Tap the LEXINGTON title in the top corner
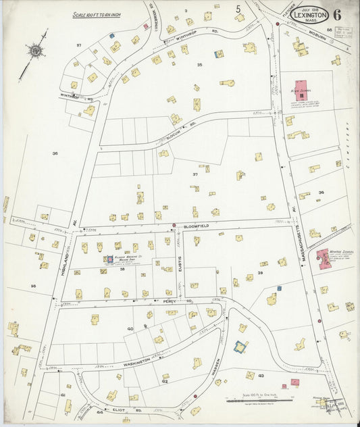click(311, 15)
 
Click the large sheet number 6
click(336, 14)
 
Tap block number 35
click(199, 64)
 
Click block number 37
click(195, 174)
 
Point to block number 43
click(261, 376)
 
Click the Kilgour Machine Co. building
click(108, 259)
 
